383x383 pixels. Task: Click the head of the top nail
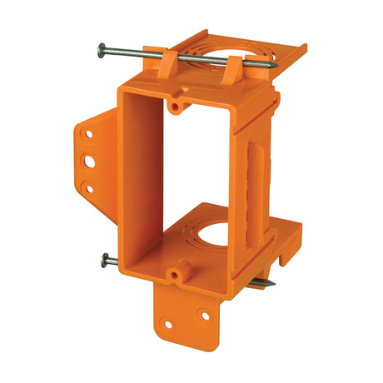(x=102, y=47)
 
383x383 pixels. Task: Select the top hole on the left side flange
(x=84, y=133)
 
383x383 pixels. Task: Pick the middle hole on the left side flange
(x=87, y=160)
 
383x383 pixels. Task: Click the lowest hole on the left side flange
(x=89, y=187)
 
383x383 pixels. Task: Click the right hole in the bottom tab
(x=202, y=316)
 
